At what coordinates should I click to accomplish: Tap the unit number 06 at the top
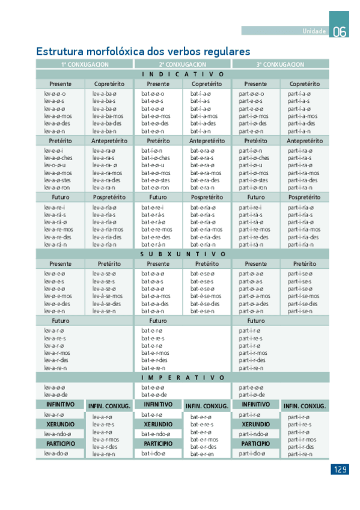point(340,32)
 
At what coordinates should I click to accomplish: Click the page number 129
point(340,469)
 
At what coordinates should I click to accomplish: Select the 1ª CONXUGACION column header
point(84,64)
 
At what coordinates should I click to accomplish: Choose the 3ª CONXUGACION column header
point(280,64)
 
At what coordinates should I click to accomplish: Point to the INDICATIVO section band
point(183,74)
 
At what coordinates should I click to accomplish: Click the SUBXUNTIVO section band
point(183,254)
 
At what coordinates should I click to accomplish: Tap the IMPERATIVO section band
point(183,378)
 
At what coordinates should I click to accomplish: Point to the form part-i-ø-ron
point(253,187)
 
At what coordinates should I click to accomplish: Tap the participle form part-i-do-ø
point(252,453)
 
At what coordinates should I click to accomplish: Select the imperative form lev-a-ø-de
point(55,395)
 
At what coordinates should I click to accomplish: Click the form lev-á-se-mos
point(108,296)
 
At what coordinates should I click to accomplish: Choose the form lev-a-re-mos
point(58,229)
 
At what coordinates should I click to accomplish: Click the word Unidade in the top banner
point(314,31)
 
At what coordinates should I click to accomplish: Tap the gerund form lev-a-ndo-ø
point(57,434)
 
